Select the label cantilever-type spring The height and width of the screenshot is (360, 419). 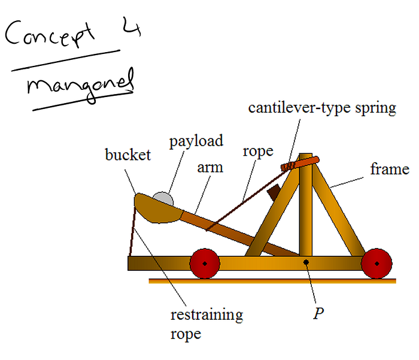click(323, 108)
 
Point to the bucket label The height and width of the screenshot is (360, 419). click(127, 155)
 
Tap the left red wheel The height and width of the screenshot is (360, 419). click(205, 264)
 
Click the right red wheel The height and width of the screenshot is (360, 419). click(377, 264)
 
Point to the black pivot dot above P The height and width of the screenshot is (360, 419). click(306, 262)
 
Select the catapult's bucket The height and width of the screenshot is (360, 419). click(157, 209)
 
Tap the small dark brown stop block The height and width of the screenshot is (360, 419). click(274, 192)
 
